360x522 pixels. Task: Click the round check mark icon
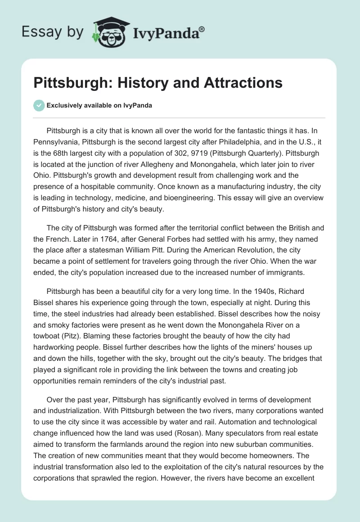click(x=39, y=105)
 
